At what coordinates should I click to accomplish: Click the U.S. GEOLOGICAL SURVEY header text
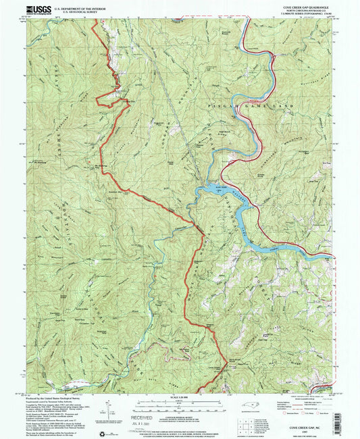pos(67,10)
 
